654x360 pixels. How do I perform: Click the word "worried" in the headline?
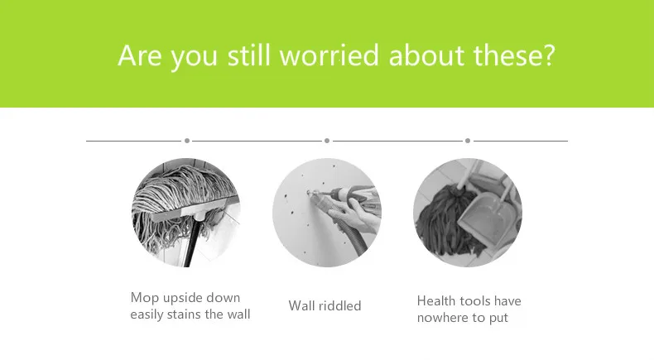tap(329, 55)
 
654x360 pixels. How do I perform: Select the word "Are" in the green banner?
tap(140, 55)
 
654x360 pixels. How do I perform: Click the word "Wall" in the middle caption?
tap(301, 305)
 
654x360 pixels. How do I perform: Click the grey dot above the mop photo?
tap(187, 141)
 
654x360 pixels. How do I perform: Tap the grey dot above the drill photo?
tap(327, 141)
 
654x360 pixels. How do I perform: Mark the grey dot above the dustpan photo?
tap(468, 141)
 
